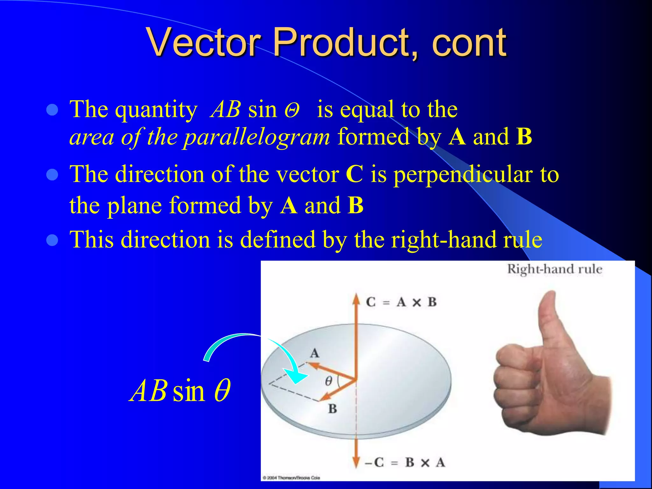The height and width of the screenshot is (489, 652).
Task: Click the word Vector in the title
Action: [204, 42]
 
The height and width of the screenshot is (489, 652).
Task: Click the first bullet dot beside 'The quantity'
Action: [52, 110]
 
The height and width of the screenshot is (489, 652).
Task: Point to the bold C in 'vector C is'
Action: [354, 174]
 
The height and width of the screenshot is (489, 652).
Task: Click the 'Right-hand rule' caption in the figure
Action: [554, 269]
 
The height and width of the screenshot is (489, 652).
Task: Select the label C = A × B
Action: [401, 302]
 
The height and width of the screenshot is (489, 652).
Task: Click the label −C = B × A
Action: [404, 463]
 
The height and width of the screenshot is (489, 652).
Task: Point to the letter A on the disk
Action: [315, 353]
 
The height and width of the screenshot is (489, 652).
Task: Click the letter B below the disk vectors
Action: [332, 409]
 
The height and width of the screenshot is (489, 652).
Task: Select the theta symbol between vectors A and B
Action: [328, 381]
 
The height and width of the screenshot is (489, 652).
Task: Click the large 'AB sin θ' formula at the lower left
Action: [180, 391]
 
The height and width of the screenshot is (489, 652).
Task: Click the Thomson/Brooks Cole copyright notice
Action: [291, 478]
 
